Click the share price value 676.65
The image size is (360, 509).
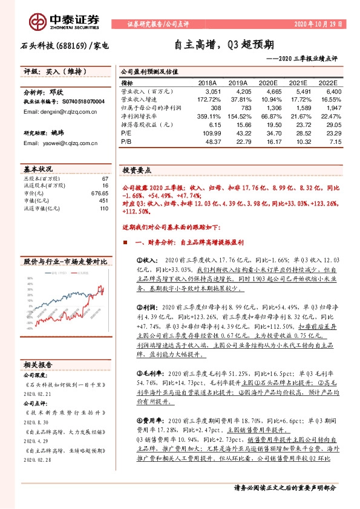point(100,193)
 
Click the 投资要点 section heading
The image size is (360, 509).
point(137,170)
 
